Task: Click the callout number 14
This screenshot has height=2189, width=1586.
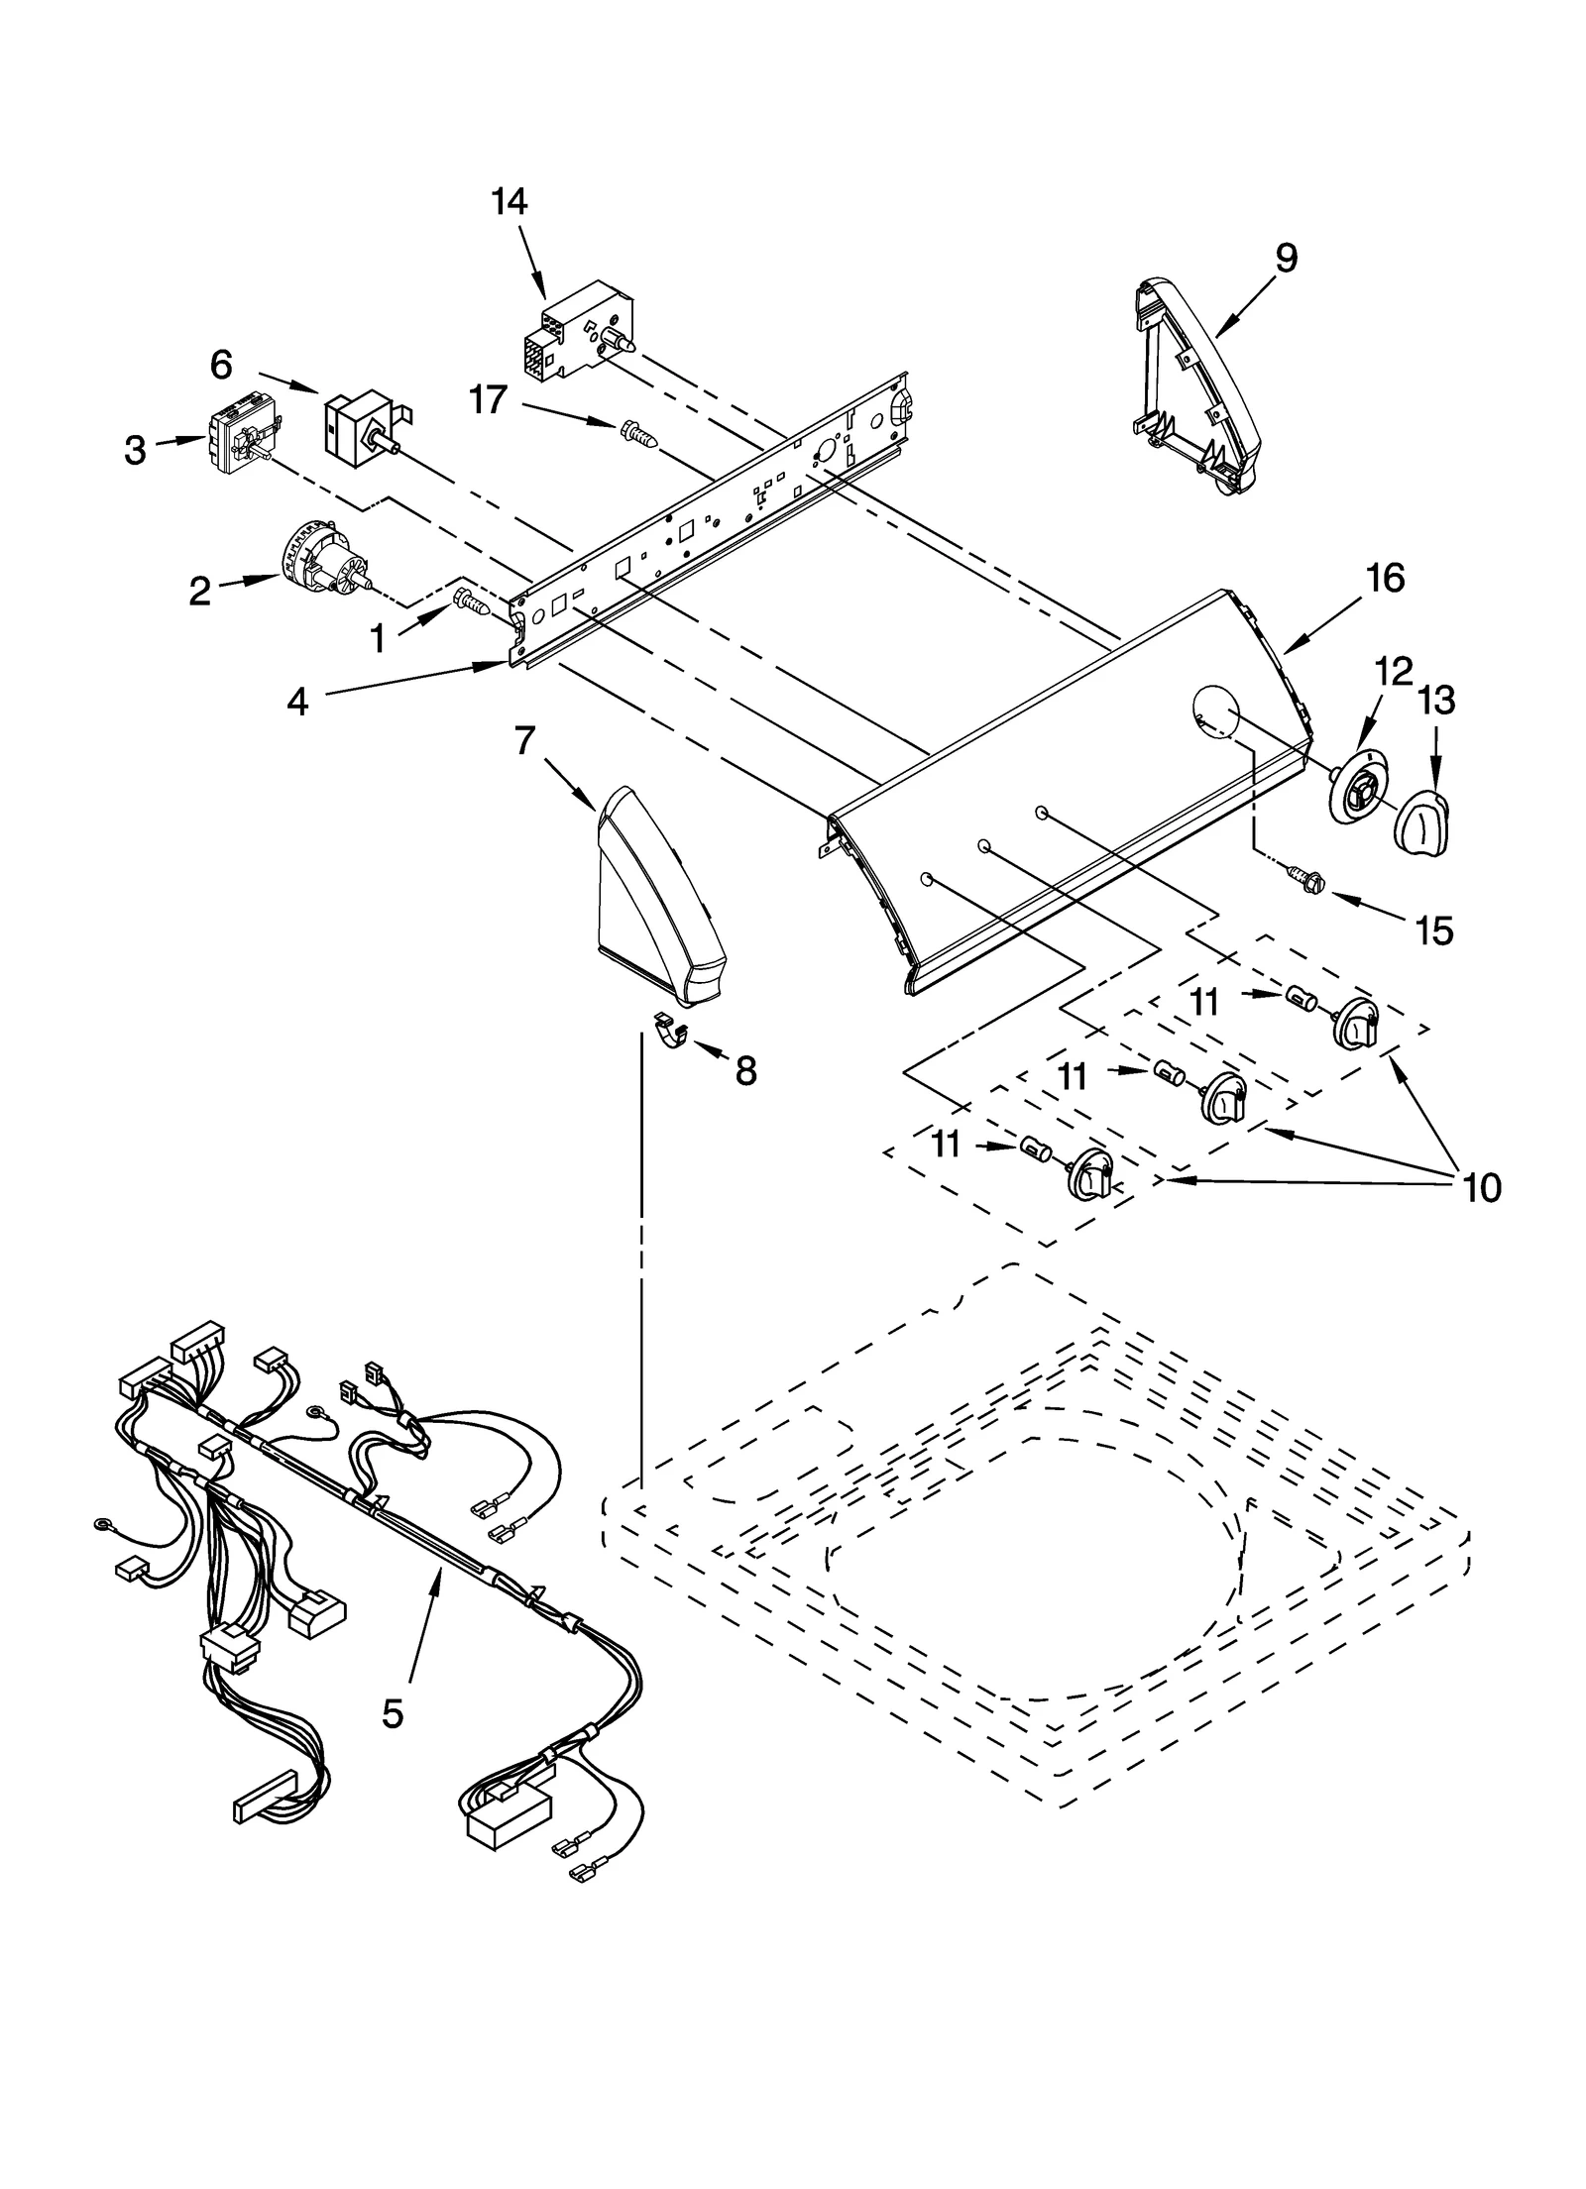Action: (509, 201)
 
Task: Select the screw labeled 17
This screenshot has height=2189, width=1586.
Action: (638, 433)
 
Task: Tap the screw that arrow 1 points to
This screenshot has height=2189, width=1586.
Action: (472, 601)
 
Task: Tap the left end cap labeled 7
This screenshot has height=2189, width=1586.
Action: (654, 897)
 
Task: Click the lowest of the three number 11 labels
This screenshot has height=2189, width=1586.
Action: (946, 1145)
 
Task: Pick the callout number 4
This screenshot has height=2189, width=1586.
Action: (297, 702)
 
